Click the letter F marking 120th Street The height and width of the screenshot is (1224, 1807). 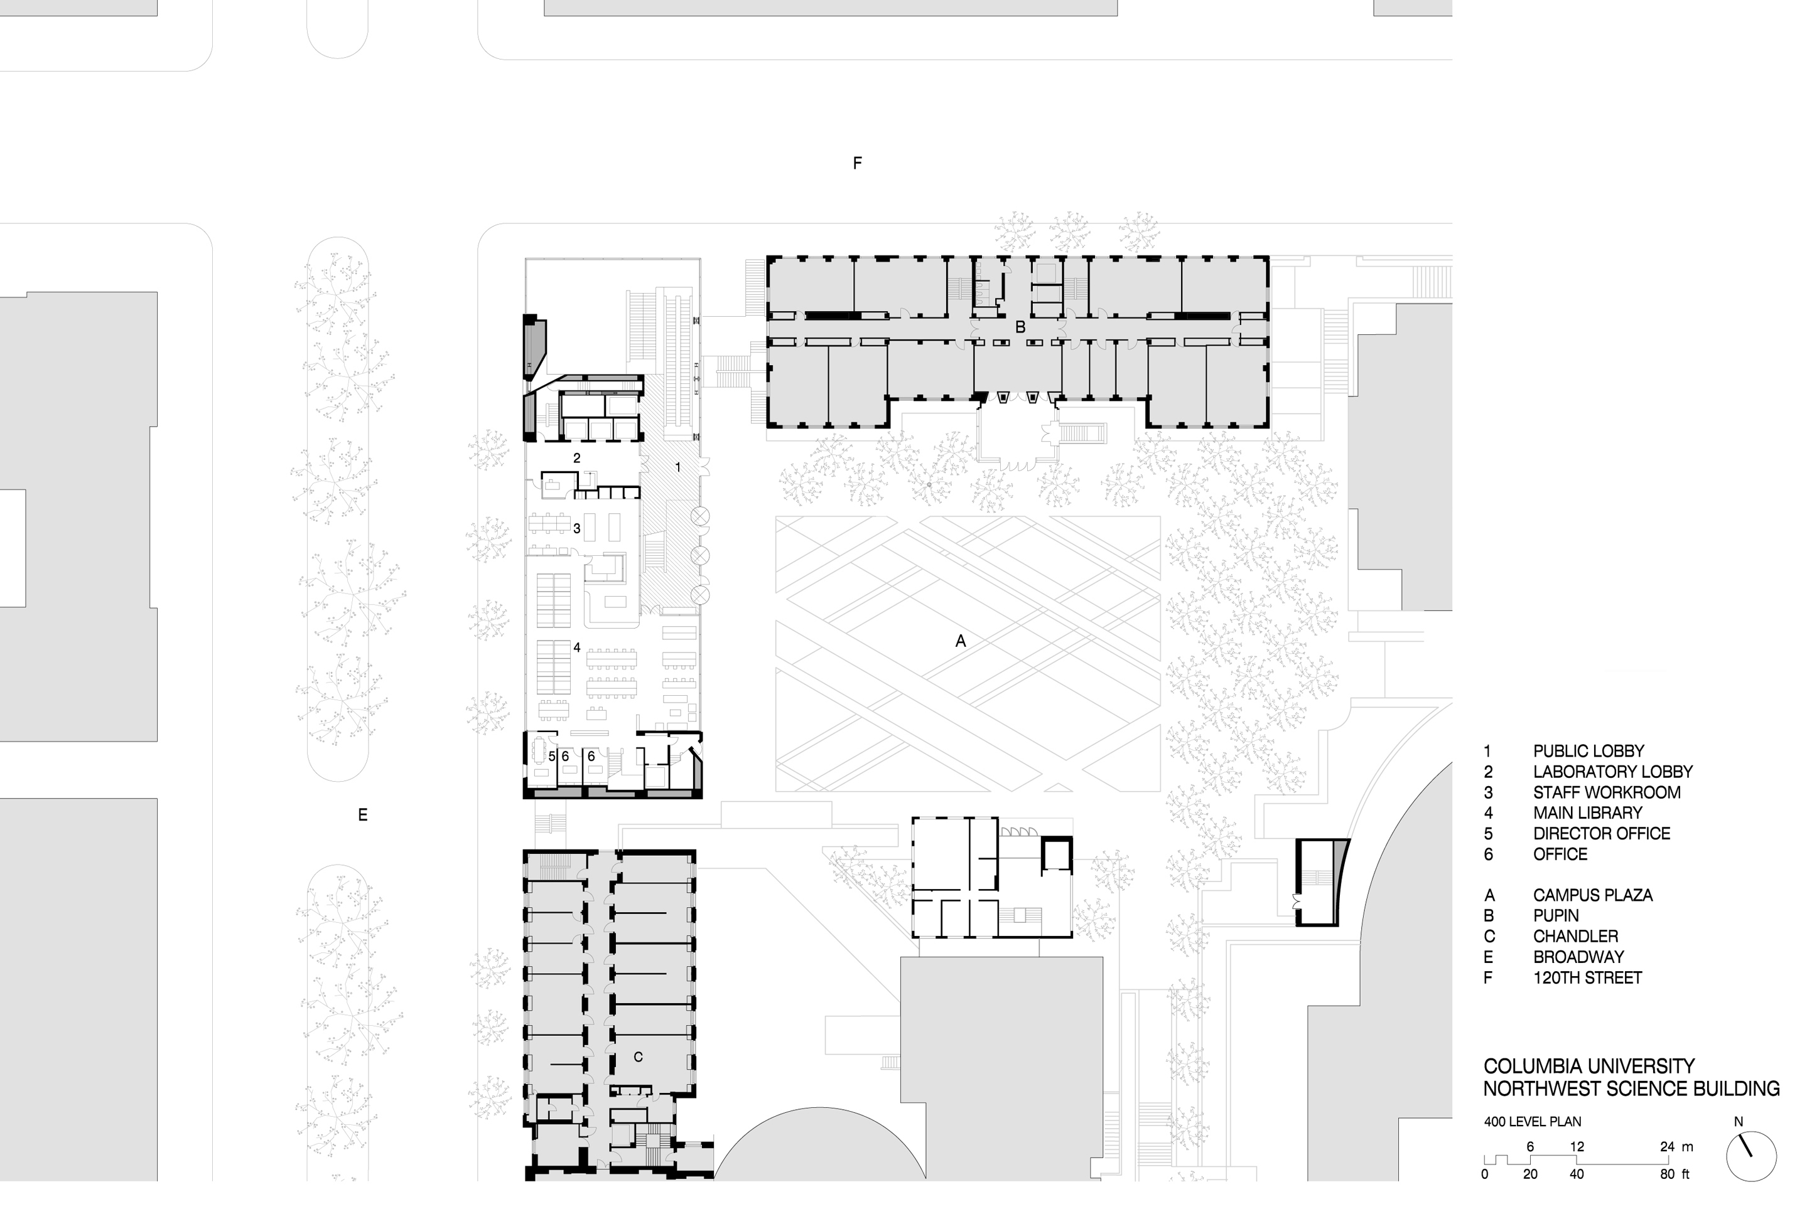point(857,163)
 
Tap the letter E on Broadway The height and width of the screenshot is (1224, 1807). point(362,814)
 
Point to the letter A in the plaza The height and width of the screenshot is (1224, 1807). point(960,641)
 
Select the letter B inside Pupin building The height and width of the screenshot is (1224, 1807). point(1020,328)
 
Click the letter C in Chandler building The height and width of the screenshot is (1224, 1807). point(639,1057)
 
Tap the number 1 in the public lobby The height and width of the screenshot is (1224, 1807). point(678,467)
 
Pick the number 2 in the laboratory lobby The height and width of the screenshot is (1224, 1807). point(577,458)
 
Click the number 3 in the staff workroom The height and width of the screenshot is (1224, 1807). point(577,528)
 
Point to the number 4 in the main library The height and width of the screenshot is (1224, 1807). point(577,647)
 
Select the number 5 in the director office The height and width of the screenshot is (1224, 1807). point(551,756)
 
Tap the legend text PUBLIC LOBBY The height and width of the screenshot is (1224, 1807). point(1589,752)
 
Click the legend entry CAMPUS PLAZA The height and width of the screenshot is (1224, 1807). point(1592,895)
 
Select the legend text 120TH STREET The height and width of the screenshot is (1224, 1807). point(1587,977)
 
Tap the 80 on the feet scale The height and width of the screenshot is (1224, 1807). point(1667,1174)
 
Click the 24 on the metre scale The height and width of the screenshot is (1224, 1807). point(1667,1146)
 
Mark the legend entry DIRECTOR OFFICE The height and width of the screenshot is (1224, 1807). point(1602,834)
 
